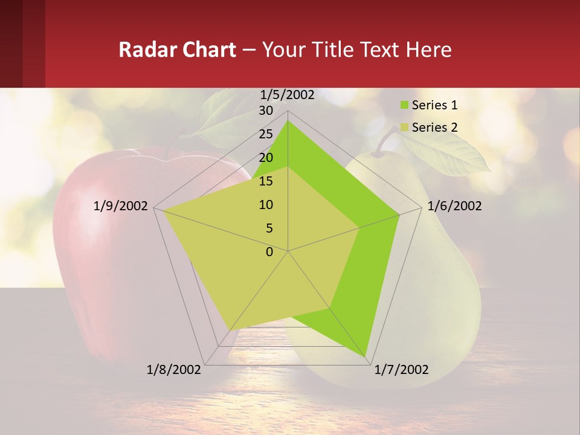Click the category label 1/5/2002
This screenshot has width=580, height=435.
coord(288,95)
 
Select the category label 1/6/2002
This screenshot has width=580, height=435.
coord(454,206)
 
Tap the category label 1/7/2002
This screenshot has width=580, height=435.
coord(401,370)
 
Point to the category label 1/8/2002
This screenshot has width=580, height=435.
coord(174,370)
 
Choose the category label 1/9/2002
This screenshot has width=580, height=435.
coord(121,206)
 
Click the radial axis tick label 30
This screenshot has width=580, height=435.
coord(265,111)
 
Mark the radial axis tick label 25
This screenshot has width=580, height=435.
coord(265,134)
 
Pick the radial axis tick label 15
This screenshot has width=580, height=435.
coord(265,181)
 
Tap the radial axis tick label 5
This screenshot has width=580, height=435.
coord(269,228)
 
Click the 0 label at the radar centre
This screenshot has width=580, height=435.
coord(269,252)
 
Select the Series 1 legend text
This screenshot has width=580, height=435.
coord(434,105)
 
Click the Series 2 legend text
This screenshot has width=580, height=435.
coord(434,127)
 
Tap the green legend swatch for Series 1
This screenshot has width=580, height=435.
coord(404,106)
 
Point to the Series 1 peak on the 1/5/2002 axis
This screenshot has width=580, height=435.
coord(288,121)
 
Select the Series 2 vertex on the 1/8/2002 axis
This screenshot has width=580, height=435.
coord(230,330)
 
